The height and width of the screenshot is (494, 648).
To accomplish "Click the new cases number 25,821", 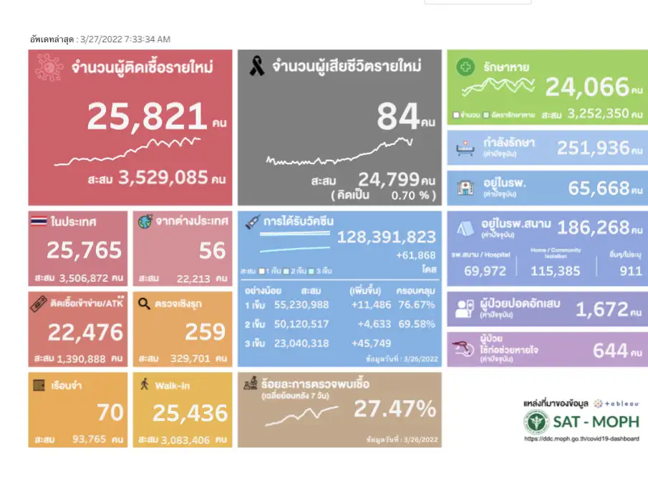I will click(x=147, y=117).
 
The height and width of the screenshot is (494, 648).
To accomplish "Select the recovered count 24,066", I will click(x=587, y=87).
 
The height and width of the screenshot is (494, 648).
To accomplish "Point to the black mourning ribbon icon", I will click(x=256, y=67).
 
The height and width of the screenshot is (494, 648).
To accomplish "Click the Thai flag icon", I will click(x=39, y=222).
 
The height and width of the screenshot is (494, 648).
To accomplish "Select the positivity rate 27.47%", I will click(x=395, y=409).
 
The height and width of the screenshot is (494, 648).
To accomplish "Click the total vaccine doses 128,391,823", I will click(x=387, y=237).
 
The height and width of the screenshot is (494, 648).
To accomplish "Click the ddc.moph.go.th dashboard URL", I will click(x=581, y=439).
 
